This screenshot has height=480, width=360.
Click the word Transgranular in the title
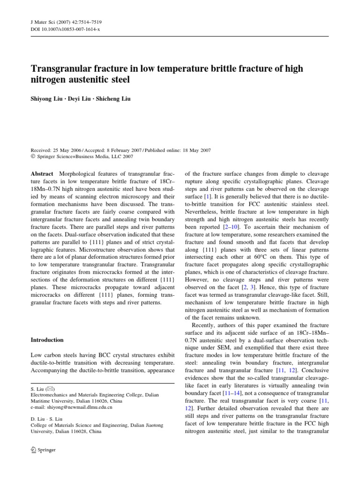62,69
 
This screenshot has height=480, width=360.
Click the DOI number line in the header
61,29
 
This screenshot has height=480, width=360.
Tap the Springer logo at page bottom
43,450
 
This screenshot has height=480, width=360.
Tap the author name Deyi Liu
82,100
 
